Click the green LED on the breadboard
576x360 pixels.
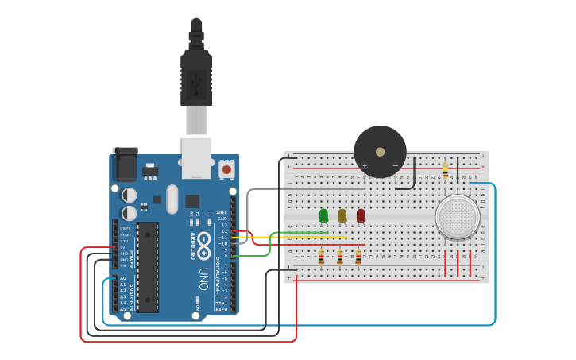[x=323, y=215]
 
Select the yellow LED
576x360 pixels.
[x=342, y=215]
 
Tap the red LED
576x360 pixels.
[x=361, y=215]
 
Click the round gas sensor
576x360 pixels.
[x=457, y=217]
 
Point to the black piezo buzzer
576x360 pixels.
[x=380, y=150]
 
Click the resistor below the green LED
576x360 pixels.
[x=321, y=257]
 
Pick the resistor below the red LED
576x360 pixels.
[x=358, y=257]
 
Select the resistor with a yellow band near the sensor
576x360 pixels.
[x=445, y=170]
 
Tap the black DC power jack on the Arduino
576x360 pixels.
[x=125, y=165]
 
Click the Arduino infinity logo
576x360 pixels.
[x=204, y=242]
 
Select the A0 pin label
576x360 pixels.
[x=122, y=278]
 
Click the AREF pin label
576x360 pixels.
[x=222, y=212]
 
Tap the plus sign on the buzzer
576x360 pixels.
[x=365, y=165]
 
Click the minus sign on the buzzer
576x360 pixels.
[x=395, y=165]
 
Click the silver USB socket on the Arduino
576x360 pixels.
[x=196, y=157]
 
